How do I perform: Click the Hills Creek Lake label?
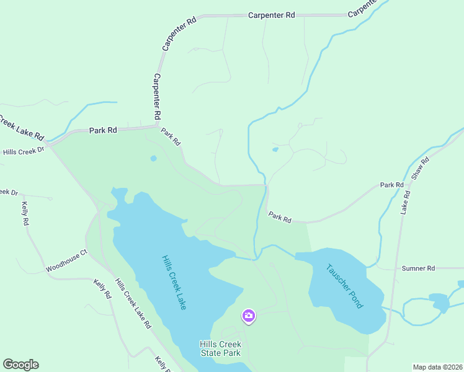click(x=174, y=282)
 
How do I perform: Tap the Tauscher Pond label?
click(x=345, y=286)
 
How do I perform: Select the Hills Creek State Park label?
click(x=220, y=348)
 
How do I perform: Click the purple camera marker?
click(x=248, y=316)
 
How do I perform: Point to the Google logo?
click(x=20, y=365)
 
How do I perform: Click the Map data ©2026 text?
click(x=438, y=367)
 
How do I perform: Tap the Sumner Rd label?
click(x=418, y=268)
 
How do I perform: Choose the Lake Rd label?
click(x=406, y=202)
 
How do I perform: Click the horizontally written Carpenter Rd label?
click(x=271, y=15)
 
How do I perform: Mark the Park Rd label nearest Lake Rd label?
click(x=392, y=185)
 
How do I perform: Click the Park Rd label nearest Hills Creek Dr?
click(x=103, y=130)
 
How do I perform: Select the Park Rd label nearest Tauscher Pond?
click(x=280, y=218)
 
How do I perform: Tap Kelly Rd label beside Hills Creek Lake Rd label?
click(x=102, y=289)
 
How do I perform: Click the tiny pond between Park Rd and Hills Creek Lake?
click(x=153, y=158)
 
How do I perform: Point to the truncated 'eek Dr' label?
click(x=9, y=192)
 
